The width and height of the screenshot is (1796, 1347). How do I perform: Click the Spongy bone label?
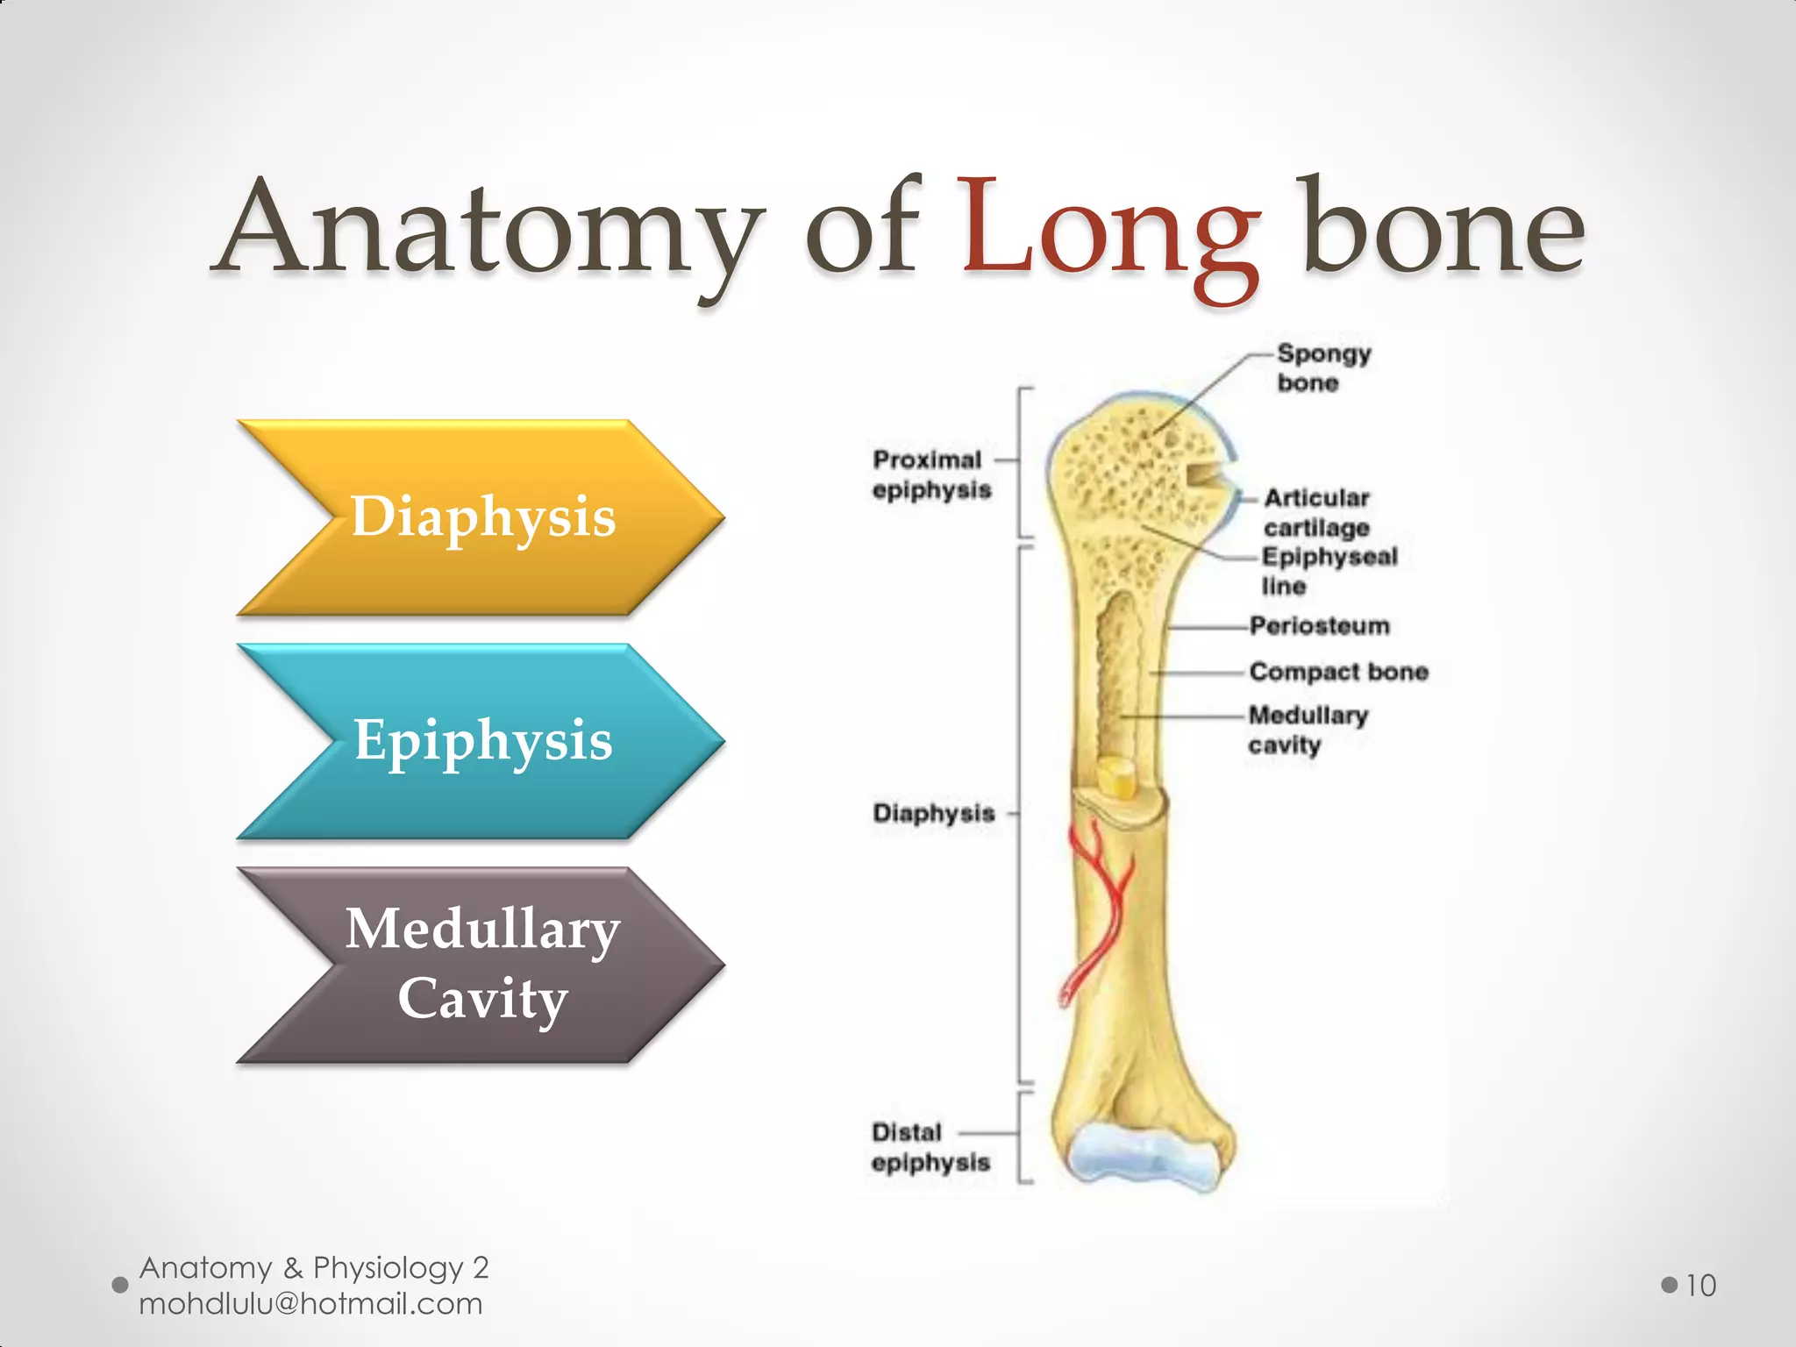point(1322,368)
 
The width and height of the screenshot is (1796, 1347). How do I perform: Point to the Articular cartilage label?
point(1315,512)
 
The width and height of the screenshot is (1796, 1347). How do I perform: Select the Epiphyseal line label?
point(1328,571)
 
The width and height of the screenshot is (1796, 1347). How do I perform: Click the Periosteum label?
point(1319,626)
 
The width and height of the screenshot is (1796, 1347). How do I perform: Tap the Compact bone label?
point(1338,672)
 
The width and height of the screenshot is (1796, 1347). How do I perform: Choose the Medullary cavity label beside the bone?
point(1307,730)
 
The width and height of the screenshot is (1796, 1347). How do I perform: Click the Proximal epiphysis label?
point(930,474)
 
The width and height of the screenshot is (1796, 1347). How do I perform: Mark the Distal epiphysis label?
point(930,1147)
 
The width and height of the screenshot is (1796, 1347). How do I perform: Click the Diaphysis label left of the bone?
point(933,814)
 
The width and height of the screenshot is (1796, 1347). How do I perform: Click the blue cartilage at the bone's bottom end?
point(1140,1156)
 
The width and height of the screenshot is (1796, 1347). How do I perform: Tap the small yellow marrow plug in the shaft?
point(1116,778)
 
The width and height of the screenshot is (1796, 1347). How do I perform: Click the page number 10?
point(1700,1286)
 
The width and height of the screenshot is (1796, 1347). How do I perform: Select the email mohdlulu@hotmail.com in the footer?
point(310,1304)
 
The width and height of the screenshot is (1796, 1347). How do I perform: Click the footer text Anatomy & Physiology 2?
point(313,1267)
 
